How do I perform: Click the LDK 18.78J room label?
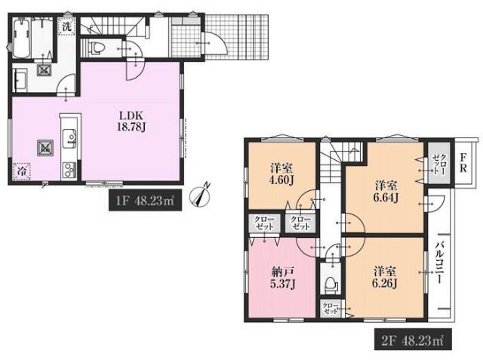(131, 122)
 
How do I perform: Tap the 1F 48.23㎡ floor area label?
(145, 201)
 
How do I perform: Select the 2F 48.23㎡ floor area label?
(413, 339)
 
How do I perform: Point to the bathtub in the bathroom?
(22, 38)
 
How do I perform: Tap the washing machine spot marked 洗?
(67, 26)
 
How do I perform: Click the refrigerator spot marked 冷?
(22, 171)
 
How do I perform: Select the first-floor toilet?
(96, 48)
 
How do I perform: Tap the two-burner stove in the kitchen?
(70, 171)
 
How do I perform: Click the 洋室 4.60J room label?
(281, 174)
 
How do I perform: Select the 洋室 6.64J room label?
(386, 192)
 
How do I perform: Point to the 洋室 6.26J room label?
(385, 277)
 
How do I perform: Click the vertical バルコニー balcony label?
(440, 263)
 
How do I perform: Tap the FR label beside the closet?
(463, 162)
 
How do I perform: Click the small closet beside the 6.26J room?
(331, 308)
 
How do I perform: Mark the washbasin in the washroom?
(20, 79)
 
